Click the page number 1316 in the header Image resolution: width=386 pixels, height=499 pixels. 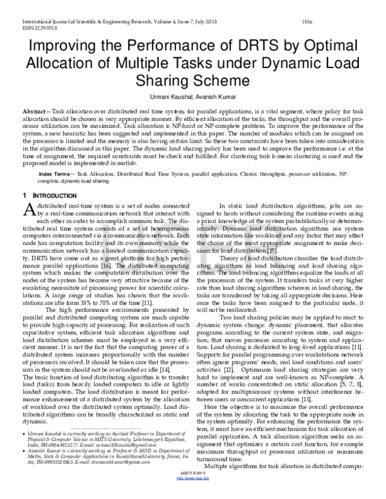[x=307, y=21]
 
